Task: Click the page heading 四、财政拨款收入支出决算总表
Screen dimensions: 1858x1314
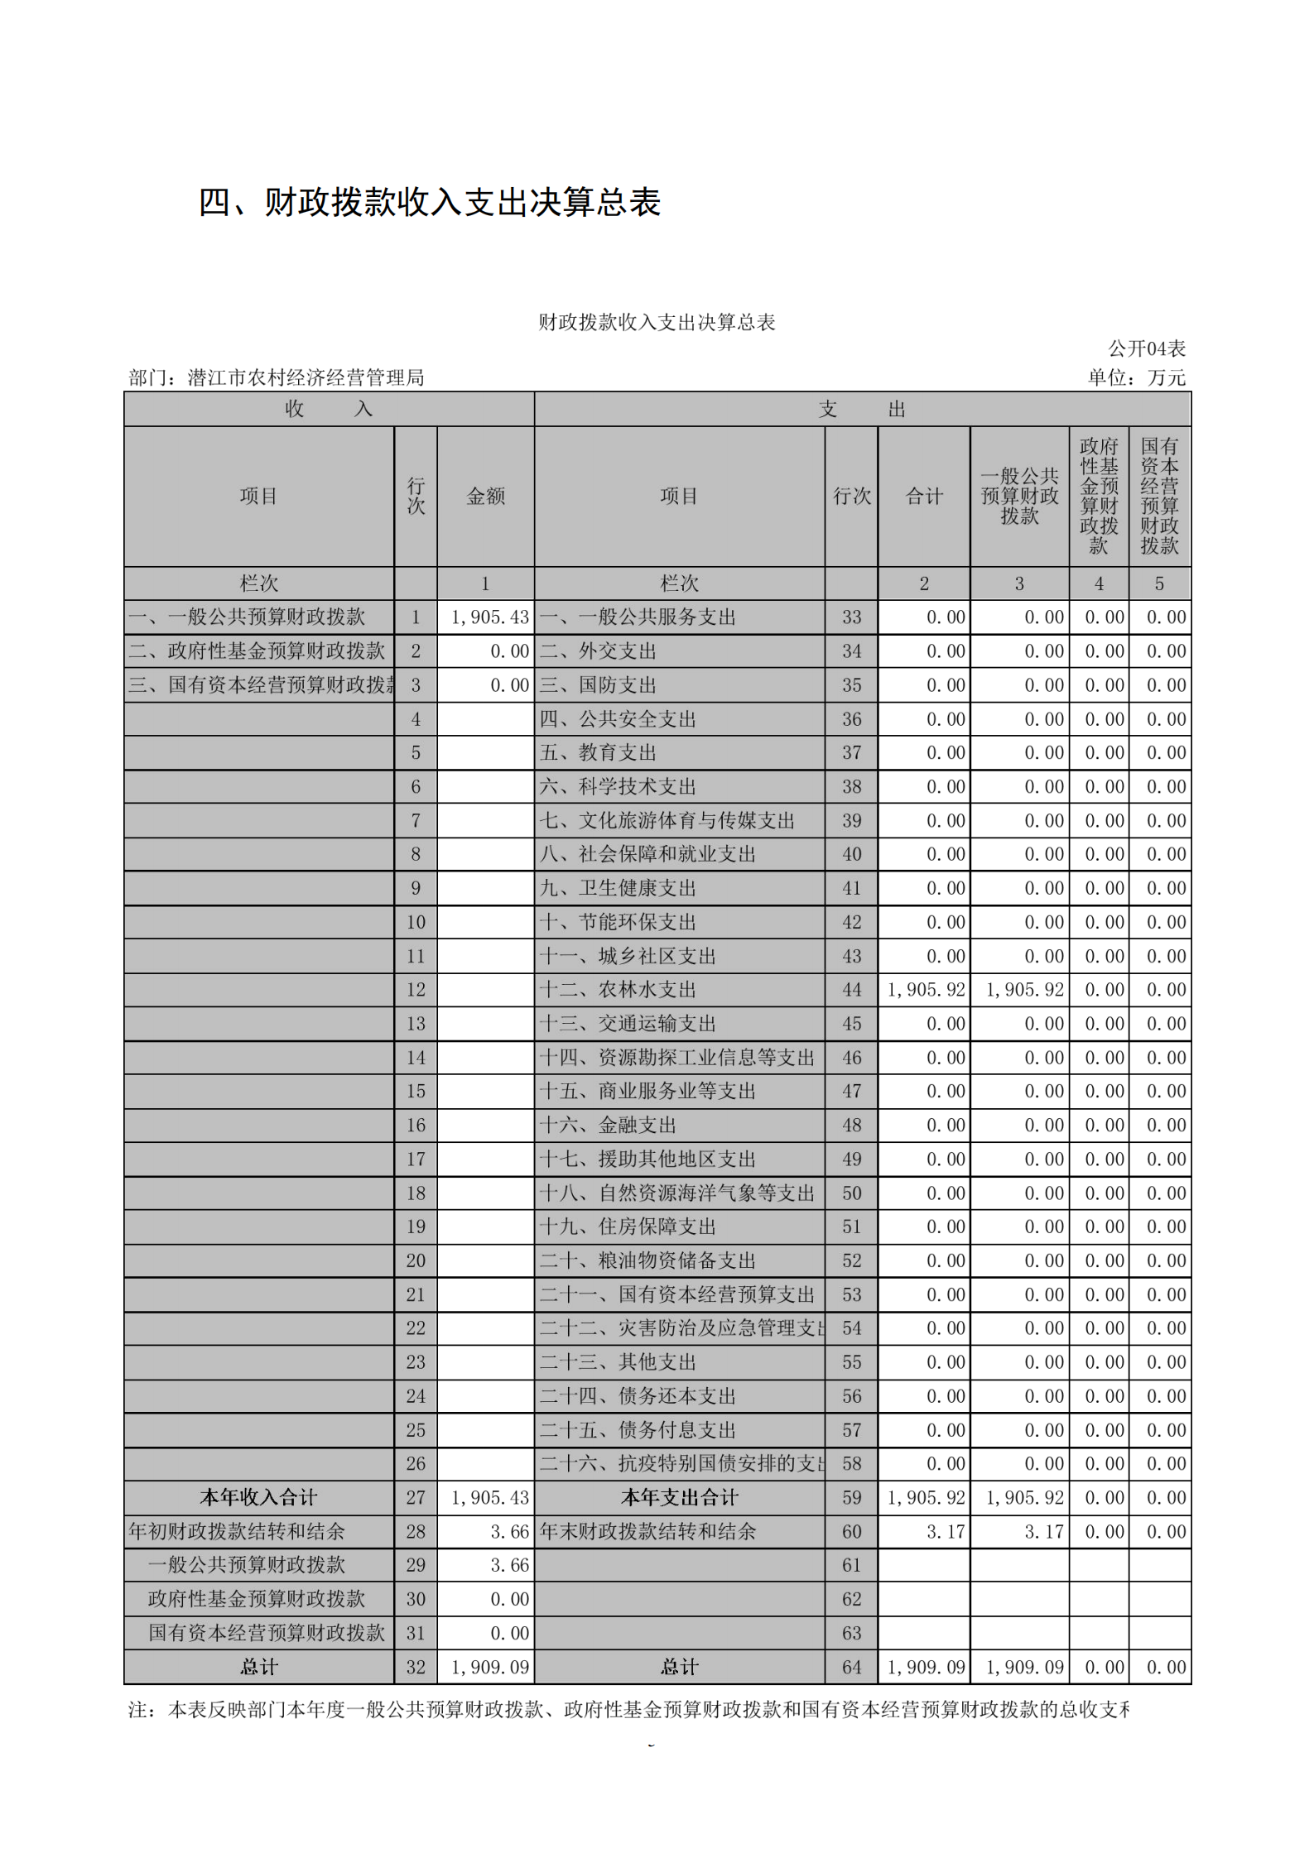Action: [429, 203]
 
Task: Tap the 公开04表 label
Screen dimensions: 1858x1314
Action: [1146, 348]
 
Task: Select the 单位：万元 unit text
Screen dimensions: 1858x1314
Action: [1136, 378]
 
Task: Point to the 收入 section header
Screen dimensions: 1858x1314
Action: [329, 409]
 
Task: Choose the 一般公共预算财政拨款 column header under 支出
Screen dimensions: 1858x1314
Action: [1019, 496]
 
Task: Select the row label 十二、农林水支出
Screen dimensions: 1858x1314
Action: [618, 990]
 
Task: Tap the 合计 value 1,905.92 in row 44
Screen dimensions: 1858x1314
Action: [926, 990]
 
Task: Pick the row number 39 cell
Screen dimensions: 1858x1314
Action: [851, 821]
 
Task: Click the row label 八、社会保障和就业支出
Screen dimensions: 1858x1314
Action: [647, 854]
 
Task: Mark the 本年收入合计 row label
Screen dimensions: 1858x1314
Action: [258, 1498]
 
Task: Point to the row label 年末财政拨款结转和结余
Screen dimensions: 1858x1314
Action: [647, 1532]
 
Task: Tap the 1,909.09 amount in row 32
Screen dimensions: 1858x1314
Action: [489, 1668]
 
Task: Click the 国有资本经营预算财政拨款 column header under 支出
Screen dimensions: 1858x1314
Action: [1159, 496]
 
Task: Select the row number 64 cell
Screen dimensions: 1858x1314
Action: [851, 1668]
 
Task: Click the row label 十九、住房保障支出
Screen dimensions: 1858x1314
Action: [628, 1227]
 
